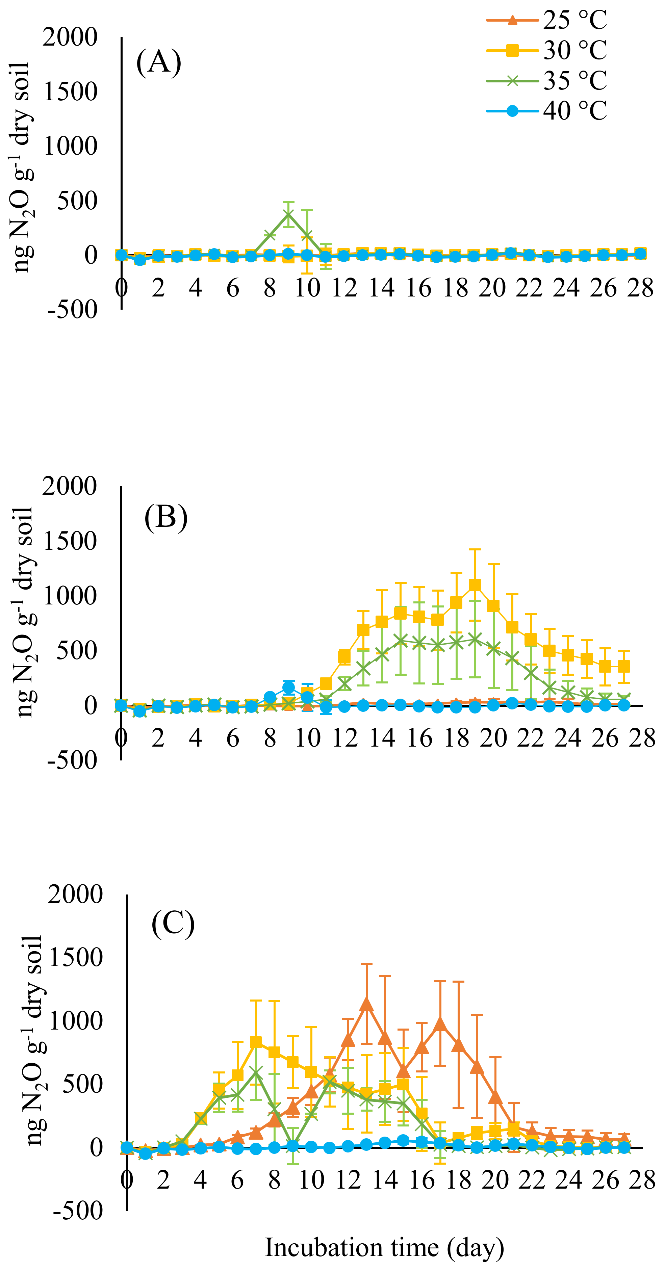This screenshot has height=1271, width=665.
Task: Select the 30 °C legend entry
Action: [x=546, y=50]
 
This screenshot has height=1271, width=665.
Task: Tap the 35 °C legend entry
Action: [x=546, y=80]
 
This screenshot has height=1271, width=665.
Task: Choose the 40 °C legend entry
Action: [x=546, y=110]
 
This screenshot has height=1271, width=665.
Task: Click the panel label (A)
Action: [x=159, y=63]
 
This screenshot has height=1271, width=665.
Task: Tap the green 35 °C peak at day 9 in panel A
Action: [x=288, y=214]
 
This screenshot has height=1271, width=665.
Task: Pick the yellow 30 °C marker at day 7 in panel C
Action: [x=256, y=1042]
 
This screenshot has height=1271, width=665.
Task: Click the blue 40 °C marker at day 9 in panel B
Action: [x=288, y=687]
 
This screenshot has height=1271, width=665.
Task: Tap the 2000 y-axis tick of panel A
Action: [x=70, y=37]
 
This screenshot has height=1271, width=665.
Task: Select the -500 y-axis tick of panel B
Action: [x=72, y=760]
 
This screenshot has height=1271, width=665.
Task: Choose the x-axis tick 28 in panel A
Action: [x=640, y=288]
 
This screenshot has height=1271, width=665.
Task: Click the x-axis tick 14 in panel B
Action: [x=382, y=738]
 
